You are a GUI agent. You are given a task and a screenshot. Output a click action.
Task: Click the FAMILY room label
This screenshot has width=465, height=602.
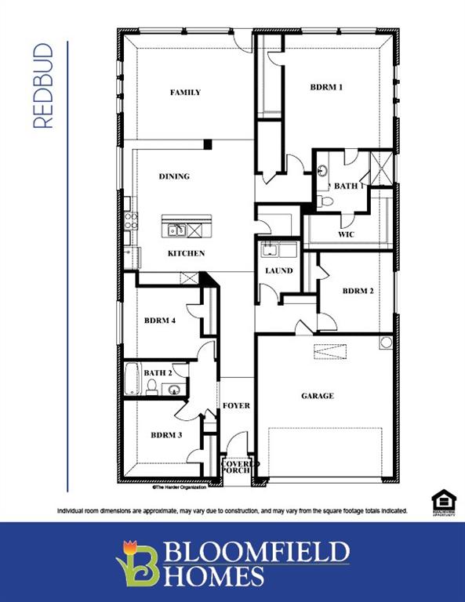coord(186,92)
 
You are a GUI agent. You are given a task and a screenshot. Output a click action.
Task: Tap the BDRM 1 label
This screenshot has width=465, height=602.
coord(327,88)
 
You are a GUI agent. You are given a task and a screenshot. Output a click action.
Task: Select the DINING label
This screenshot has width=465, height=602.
coord(174,176)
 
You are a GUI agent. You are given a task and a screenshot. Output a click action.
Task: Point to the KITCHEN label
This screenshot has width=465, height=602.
coord(186,253)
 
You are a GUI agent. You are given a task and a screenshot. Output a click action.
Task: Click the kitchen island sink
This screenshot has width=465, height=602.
coord(176,230)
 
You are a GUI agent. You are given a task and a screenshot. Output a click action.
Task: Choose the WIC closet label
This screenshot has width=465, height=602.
coord(346,234)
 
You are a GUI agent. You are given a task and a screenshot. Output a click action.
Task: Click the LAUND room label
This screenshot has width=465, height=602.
coord(278,271)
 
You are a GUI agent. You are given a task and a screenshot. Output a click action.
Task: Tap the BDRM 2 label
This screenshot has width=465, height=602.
coord(358,291)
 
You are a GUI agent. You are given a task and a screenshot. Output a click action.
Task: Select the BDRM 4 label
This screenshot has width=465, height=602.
coord(160,320)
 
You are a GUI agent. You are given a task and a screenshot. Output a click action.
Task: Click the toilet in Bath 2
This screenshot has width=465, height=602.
coord(151,386)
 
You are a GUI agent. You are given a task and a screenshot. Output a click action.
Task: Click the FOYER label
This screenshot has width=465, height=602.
coord(236,405)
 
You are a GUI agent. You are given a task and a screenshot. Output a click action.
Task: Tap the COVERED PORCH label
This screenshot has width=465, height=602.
coord(236,466)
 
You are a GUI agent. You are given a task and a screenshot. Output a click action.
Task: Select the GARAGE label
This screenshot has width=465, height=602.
coord(318,396)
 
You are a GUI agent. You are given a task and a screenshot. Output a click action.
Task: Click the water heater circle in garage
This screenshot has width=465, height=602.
coord(385,343)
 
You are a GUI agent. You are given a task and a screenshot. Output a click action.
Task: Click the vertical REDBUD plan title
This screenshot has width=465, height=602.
coord(44,86)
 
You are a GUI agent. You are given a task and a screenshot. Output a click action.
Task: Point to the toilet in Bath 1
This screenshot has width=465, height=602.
coord(326,201)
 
